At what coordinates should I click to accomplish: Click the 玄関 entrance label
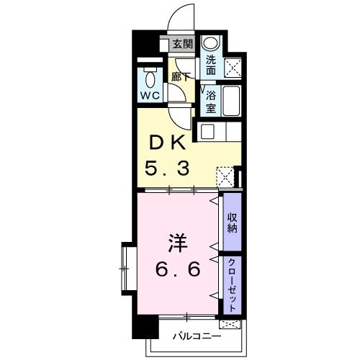[x=181, y=44]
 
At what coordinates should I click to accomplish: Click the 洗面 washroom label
[x=211, y=66]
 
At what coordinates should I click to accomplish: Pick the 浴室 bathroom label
[x=211, y=102]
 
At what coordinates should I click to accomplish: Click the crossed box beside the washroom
[x=233, y=67]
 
